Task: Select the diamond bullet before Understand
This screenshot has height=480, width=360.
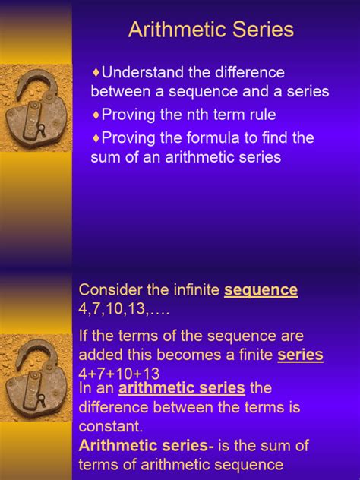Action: (96, 73)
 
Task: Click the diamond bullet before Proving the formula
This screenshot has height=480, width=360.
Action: (96, 138)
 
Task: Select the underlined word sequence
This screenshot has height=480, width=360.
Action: (261, 290)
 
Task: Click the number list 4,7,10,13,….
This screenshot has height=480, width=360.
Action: (125, 310)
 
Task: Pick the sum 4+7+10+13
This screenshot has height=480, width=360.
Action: (119, 373)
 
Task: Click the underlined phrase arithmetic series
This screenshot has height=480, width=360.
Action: (182, 388)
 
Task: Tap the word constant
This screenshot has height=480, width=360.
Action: (110, 426)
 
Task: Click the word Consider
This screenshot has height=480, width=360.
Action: (110, 290)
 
